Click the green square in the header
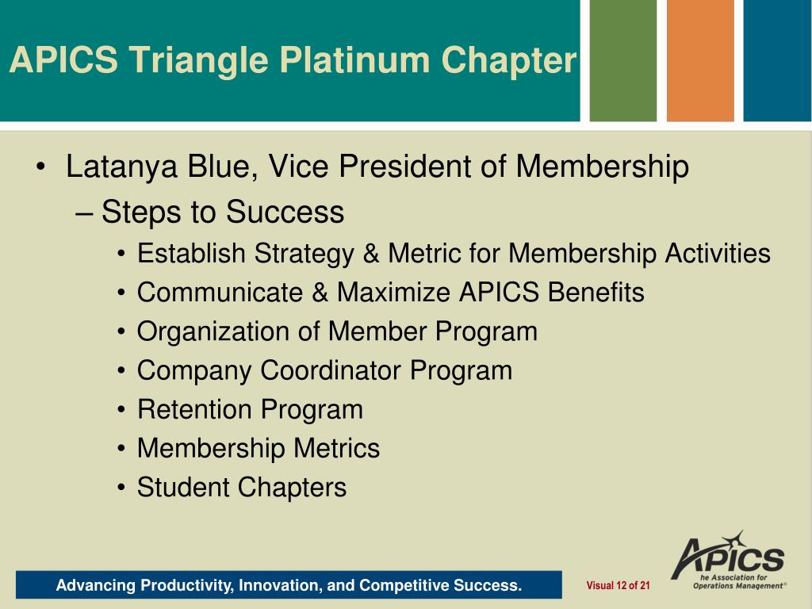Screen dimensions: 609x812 (x=623, y=61)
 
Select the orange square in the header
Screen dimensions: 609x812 (x=700, y=61)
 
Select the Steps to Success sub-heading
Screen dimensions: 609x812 (x=223, y=213)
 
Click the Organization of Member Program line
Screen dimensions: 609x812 (x=337, y=331)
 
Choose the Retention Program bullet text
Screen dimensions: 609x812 (x=250, y=409)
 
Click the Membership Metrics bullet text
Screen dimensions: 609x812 (x=258, y=448)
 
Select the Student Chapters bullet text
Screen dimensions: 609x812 (x=242, y=487)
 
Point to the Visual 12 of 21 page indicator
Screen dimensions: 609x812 (x=618, y=586)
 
